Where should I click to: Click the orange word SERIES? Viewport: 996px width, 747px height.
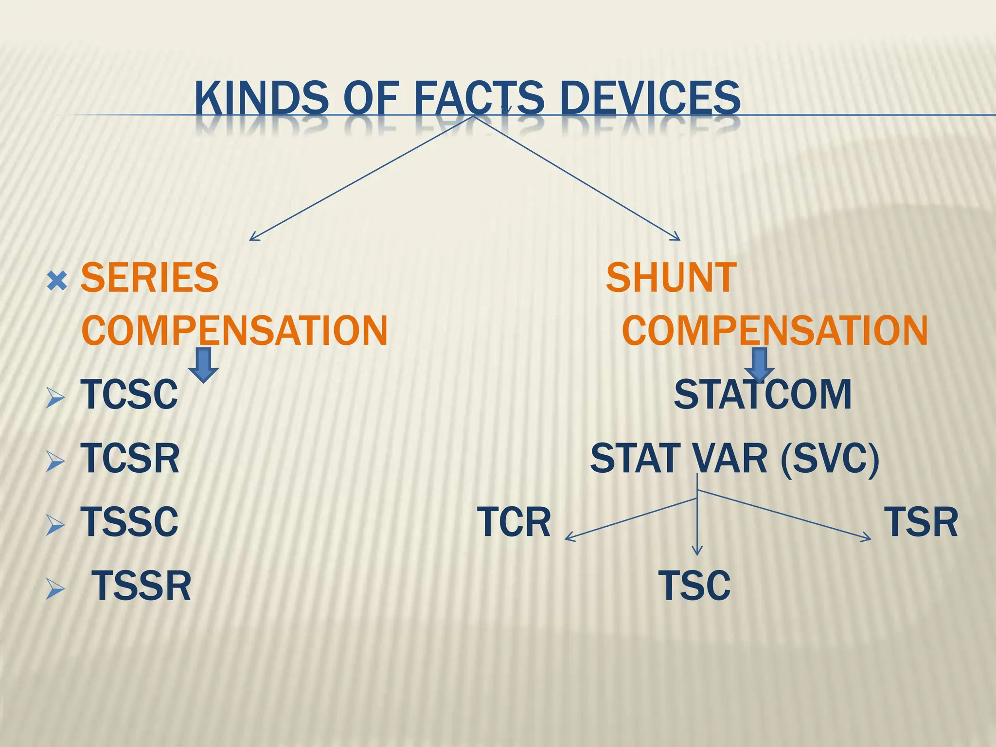coord(149,278)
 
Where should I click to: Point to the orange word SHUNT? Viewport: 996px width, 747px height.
coord(671,278)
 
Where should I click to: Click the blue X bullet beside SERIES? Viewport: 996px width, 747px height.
coord(57,281)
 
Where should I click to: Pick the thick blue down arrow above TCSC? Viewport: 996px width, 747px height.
coord(203,365)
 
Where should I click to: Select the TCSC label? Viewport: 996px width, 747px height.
coord(129,395)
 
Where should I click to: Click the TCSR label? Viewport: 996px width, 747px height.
coord(130,459)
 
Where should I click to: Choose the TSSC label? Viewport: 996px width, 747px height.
coord(129,522)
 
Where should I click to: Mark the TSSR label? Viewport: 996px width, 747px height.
coord(142,587)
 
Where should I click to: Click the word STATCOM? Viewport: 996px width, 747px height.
coord(762,395)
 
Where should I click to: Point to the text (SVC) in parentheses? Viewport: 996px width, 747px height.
coord(830,459)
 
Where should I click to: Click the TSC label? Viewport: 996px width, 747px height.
coord(694,586)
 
